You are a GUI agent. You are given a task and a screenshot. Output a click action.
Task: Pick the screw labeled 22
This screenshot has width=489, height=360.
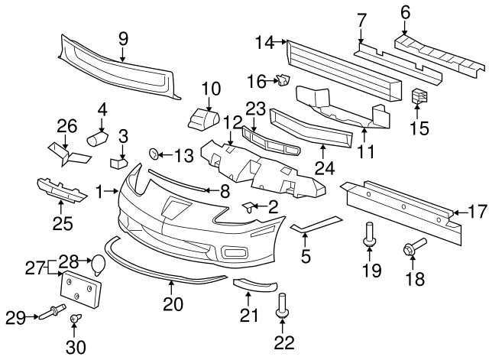[283, 307]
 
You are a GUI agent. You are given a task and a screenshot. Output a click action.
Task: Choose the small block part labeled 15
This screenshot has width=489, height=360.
[417, 97]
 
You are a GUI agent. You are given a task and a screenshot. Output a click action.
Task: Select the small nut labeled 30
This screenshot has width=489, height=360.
[76, 319]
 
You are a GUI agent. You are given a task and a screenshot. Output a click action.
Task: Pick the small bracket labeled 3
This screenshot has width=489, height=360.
[119, 162]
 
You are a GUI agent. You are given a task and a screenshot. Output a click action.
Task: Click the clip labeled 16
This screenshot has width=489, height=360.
[283, 79]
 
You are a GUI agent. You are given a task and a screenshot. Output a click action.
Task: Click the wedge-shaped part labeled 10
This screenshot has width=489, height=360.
[204, 120]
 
